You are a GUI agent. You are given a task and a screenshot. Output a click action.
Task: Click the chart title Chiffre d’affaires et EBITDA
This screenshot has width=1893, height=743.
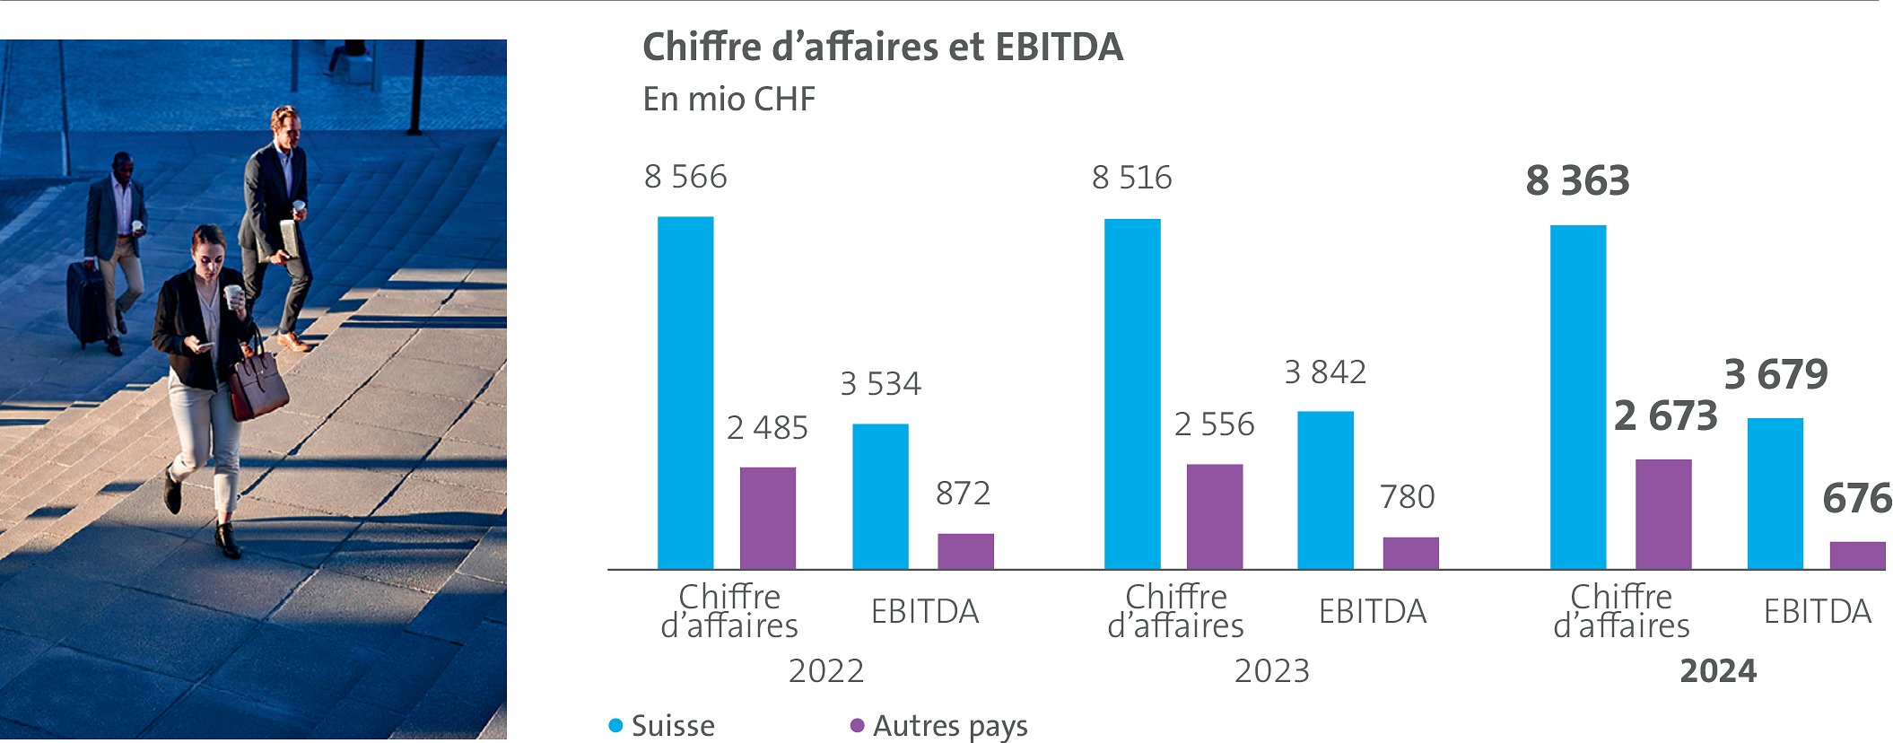(x=882, y=48)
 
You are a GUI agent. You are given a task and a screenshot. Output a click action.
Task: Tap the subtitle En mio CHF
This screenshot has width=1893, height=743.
(x=728, y=99)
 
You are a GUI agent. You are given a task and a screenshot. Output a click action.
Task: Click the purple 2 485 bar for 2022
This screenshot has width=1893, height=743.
(x=767, y=518)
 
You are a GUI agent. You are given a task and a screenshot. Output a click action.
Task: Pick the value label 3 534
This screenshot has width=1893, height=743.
(x=880, y=384)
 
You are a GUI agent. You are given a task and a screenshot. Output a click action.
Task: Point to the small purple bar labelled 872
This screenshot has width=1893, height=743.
(x=965, y=551)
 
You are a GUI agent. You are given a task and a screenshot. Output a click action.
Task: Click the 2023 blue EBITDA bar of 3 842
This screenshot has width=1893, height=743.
(x=1325, y=490)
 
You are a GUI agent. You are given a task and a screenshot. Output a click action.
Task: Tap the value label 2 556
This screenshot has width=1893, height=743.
(x=1214, y=424)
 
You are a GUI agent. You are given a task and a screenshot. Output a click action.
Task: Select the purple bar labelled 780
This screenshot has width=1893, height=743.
(x=1410, y=553)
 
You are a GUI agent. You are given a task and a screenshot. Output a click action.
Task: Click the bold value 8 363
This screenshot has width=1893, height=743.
(x=1577, y=181)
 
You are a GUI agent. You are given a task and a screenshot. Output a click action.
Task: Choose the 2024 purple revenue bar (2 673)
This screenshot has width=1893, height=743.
(x=1663, y=514)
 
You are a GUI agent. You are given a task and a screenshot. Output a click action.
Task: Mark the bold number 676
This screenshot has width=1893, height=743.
(x=1856, y=499)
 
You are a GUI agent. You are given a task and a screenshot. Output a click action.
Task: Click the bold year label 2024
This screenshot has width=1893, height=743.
(x=1717, y=671)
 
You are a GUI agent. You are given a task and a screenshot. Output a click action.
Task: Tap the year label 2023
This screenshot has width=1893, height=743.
(x=1271, y=671)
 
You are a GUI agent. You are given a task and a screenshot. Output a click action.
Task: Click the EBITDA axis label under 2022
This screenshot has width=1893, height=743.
(x=924, y=612)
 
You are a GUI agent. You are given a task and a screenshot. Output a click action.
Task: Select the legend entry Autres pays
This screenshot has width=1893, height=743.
(x=949, y=725)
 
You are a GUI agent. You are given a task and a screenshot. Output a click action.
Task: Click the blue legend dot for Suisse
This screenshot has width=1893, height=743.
(x=615, y=725)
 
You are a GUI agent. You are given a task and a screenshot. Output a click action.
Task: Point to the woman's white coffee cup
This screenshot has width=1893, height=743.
(x=232, y=295)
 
